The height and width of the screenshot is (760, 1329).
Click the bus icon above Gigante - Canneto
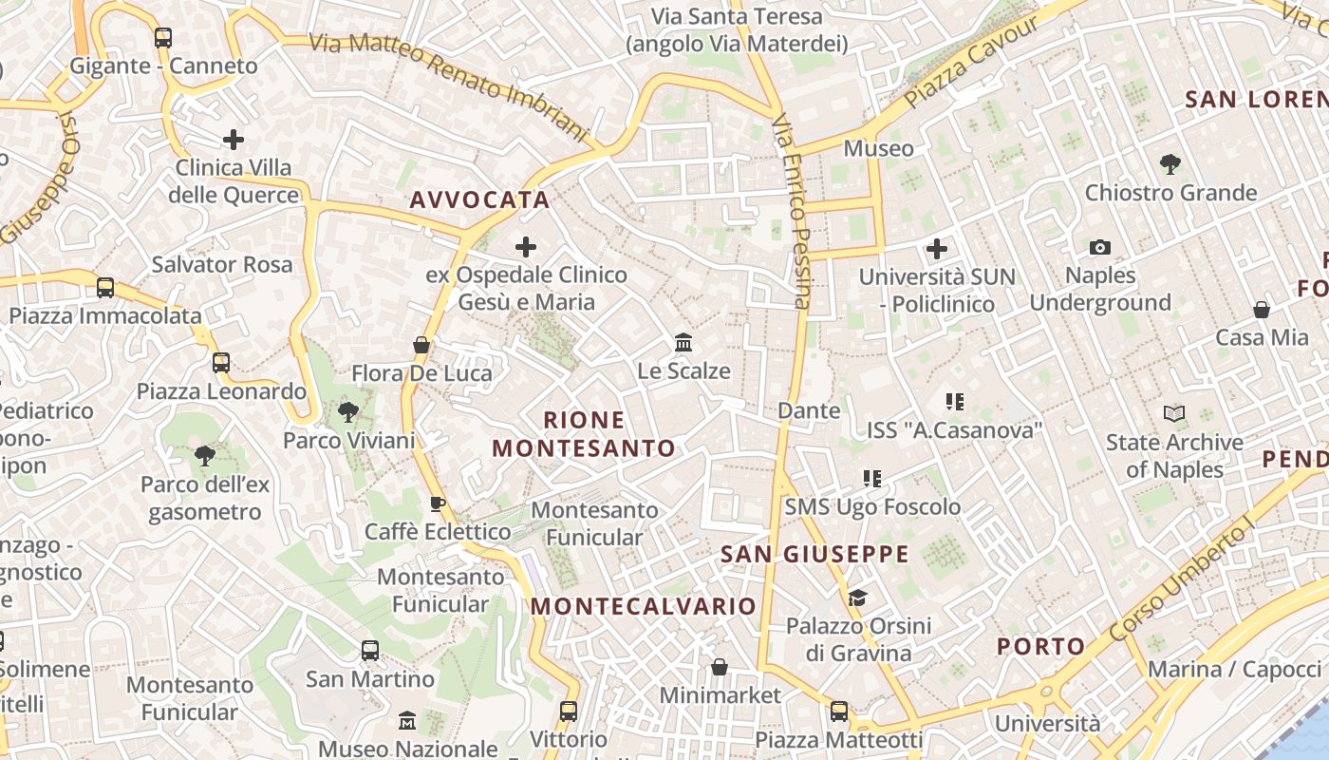click(163, 38)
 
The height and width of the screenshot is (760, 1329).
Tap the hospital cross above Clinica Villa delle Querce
click(234, 141)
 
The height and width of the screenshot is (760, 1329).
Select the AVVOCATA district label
click(479, 199)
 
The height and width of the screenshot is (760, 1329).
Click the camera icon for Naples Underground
click(1100, 248)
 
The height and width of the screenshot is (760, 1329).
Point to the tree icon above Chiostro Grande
click(1170, 164)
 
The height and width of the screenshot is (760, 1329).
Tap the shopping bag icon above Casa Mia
click(1262, 310)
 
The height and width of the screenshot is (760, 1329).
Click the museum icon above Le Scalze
click(683, 342)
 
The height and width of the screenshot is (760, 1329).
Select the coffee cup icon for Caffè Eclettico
click(438, 503)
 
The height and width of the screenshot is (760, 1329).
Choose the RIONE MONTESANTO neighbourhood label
click(584, 434)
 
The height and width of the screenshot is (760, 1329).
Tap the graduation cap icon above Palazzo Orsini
click(858, 598)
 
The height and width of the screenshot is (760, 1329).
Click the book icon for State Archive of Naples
click(1174, 414)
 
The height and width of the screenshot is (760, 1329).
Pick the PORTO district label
click(1040, 647)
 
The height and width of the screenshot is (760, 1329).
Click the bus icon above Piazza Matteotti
click(839, 712)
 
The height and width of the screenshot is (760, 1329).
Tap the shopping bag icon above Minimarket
click(720, 667)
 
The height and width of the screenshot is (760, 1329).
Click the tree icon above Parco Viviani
click(348, 412)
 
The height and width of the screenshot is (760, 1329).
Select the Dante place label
click(809, 410)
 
